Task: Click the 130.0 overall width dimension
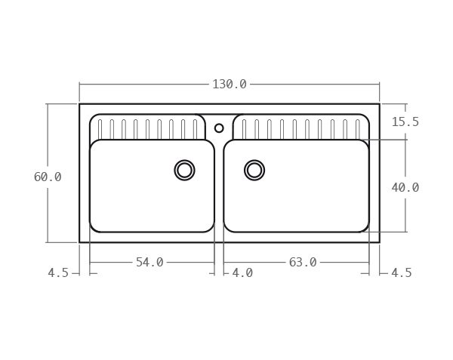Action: pos(229,85)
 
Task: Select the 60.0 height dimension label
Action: pos(48,177)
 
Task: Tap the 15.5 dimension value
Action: pos(405,122)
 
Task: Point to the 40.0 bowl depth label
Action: pos(405,188)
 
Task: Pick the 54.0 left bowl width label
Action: pos(149,263)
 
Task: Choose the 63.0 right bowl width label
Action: pos(303,263)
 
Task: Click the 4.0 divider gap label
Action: pos(242,272)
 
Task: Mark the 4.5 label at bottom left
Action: pos(58,273)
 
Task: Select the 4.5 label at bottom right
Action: pos(402,273)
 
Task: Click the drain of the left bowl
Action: pos(184,170)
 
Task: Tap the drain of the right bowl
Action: pos(254,170)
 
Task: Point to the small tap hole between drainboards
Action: pos(219,128)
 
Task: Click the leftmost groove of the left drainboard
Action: pos(100,129)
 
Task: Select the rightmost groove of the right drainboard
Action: pos(357,129)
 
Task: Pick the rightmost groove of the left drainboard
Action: pos(195,129)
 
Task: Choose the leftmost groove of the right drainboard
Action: pos(244,129)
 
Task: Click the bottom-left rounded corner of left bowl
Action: pos(94,227)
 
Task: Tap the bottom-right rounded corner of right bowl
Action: pos(365,227)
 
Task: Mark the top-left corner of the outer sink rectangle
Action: pos(79,104)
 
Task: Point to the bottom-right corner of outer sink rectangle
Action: pos(379,242)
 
